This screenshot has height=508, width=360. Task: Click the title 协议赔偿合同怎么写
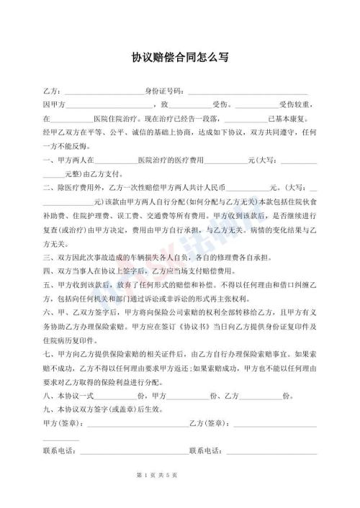[180, 57]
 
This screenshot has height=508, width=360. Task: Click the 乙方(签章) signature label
[207, 423]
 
